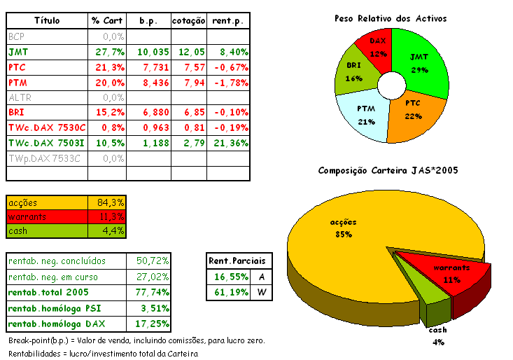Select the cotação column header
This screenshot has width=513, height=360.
(188, 21)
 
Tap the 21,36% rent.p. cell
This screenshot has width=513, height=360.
(228, 143)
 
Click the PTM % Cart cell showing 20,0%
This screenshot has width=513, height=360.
(108, 83)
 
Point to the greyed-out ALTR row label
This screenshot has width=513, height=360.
(20, 97)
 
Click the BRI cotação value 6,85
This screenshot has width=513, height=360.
(192, 113)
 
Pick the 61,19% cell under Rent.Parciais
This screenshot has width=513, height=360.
(227, 293)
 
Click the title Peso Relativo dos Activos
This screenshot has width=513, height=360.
(391, 18)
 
